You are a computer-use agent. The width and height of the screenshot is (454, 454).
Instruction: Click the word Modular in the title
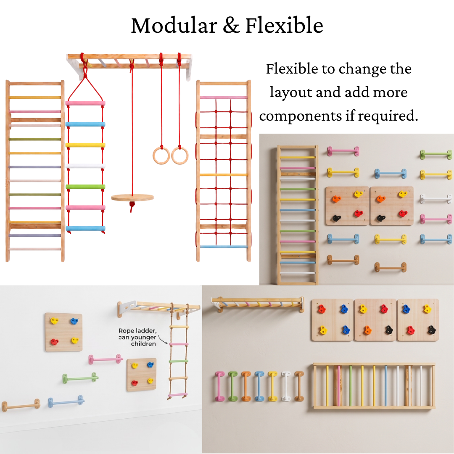(174, 26)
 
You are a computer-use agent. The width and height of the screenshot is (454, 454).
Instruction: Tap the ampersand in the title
(231, 26)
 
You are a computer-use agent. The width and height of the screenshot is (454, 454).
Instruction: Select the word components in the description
(301, 116)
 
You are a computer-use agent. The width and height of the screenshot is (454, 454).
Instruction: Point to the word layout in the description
(291, 92)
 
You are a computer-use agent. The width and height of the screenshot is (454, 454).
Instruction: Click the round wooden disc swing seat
(132, 198)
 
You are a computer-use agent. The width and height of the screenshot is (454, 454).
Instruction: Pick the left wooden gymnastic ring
(161, 156)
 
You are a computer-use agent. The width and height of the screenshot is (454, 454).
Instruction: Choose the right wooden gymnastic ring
(180, 156)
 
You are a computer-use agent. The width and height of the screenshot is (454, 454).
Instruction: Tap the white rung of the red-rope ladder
(85, 166)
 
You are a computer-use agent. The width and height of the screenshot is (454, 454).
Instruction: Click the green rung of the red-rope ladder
(85, 187)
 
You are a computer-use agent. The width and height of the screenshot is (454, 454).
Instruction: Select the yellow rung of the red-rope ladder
(85, 145)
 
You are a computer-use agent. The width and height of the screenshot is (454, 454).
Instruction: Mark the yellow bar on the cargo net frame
(224, 175)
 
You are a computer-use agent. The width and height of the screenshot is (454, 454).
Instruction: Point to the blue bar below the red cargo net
(224, 247)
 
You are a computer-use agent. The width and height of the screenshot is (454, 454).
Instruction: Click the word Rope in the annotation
(126, 331)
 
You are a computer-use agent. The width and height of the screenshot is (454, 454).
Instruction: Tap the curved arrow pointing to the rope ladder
(162, 340)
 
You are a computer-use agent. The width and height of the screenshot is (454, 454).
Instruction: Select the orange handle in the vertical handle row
(246, 386)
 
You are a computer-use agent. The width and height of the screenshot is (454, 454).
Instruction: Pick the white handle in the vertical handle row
(286, 386)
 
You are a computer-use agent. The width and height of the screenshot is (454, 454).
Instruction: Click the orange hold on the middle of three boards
(367, 330)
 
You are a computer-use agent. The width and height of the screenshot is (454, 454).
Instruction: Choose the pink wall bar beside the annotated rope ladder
(106, 359)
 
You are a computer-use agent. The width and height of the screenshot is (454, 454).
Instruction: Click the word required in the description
(388, 116)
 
